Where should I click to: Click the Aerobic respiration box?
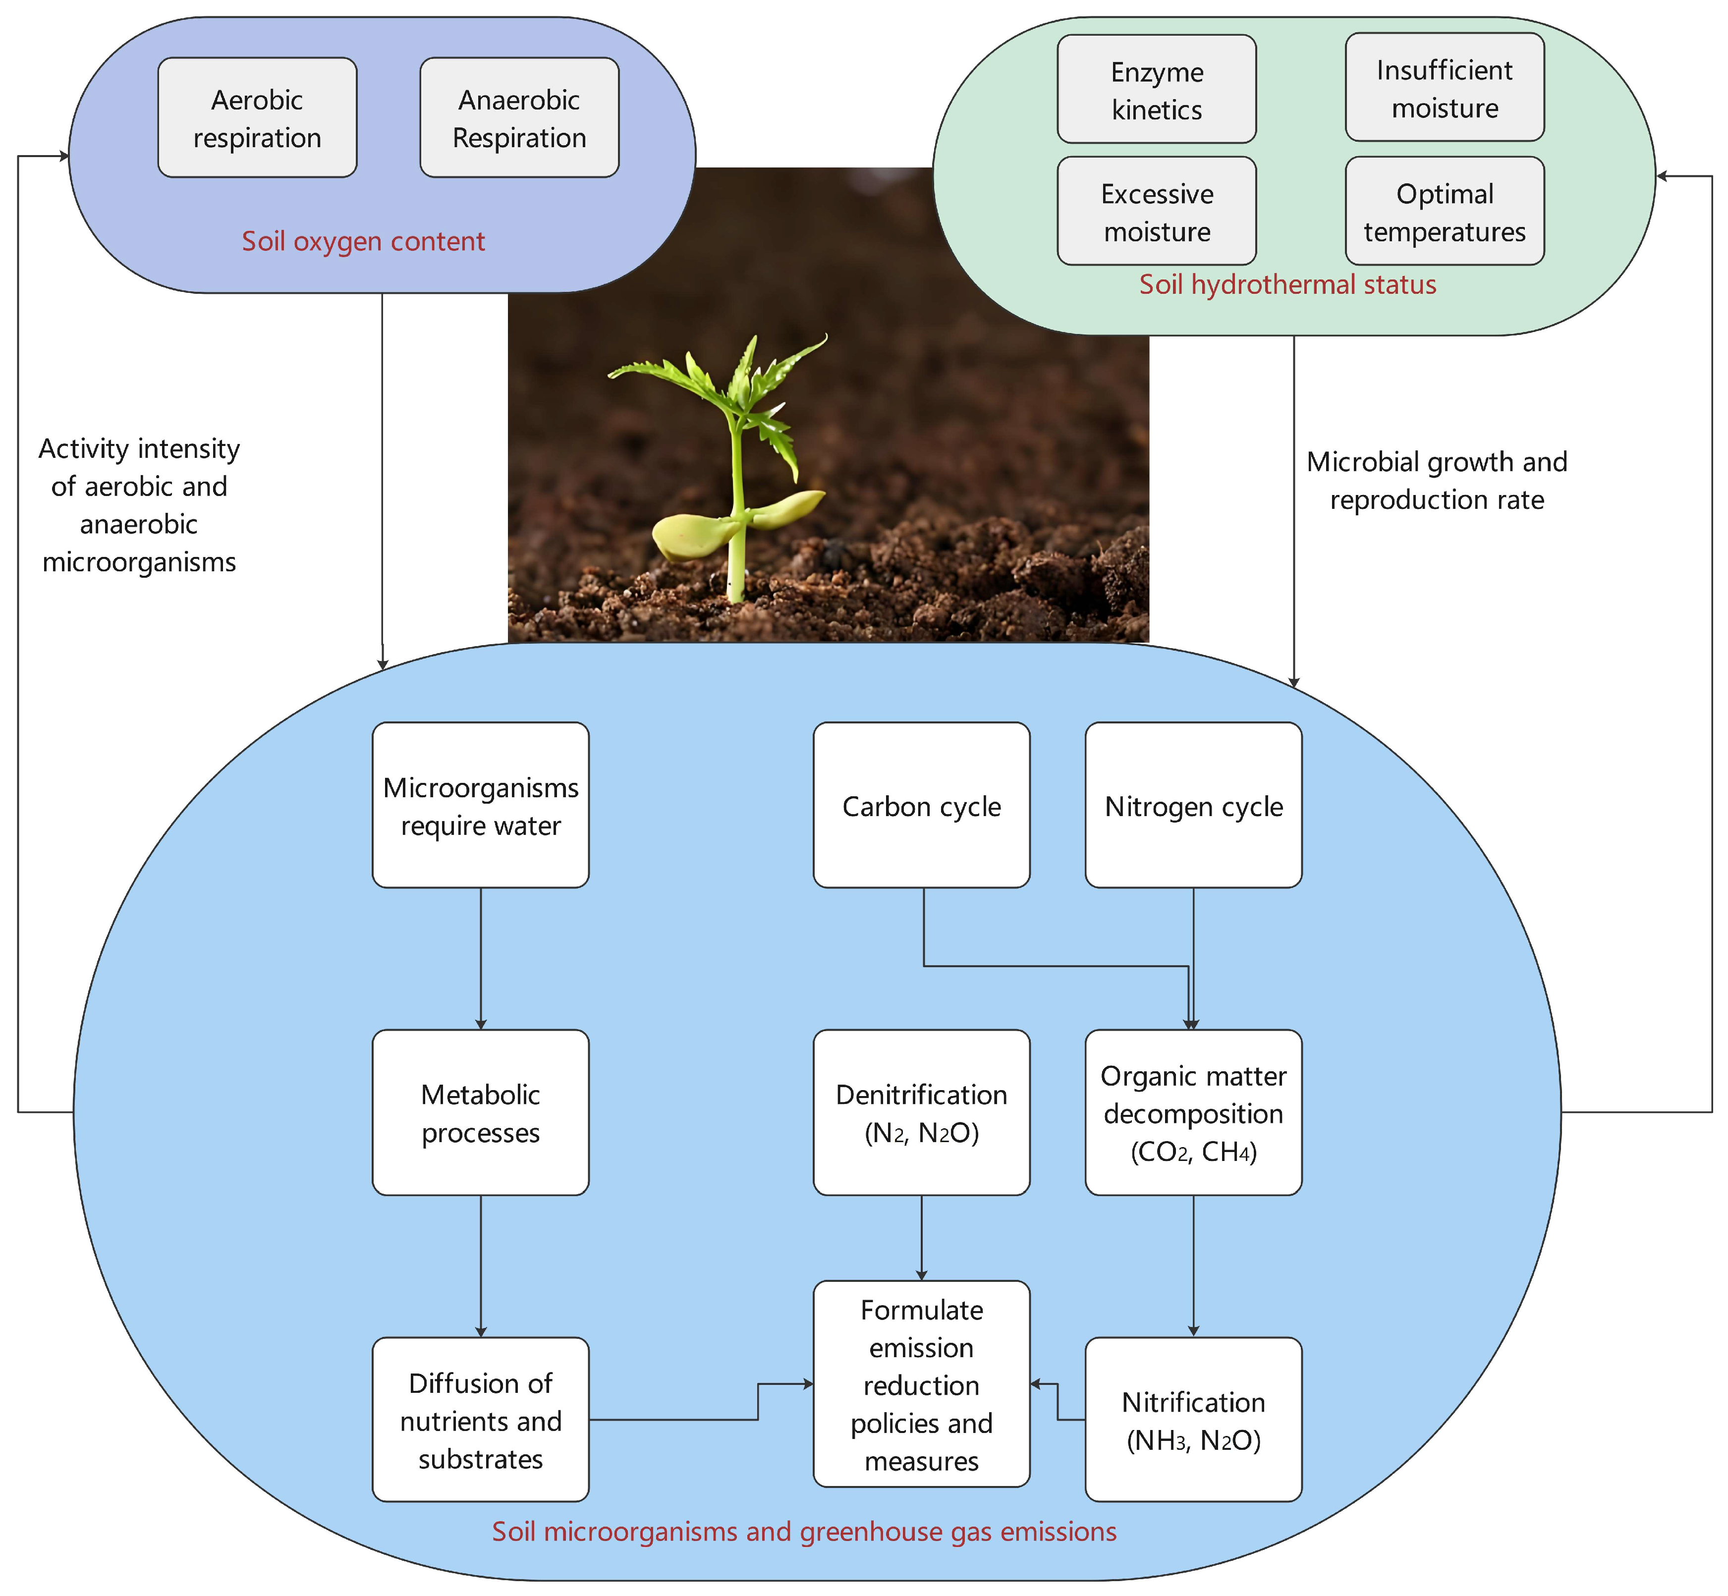click(257, 118)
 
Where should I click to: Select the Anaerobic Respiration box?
click(519, 118)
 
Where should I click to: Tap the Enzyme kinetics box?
click(1156, 90)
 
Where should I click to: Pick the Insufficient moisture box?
click(1444, 88)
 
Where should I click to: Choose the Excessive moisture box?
click(1156, 212)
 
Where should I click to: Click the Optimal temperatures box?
click(1444, 212)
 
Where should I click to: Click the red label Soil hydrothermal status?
click(1287, 284)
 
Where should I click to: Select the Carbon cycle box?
click(921, 806)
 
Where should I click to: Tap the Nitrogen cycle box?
click(1193, 806)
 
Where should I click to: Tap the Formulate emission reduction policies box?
click(921, 1384)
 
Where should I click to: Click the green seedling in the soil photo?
click(736, 466)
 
